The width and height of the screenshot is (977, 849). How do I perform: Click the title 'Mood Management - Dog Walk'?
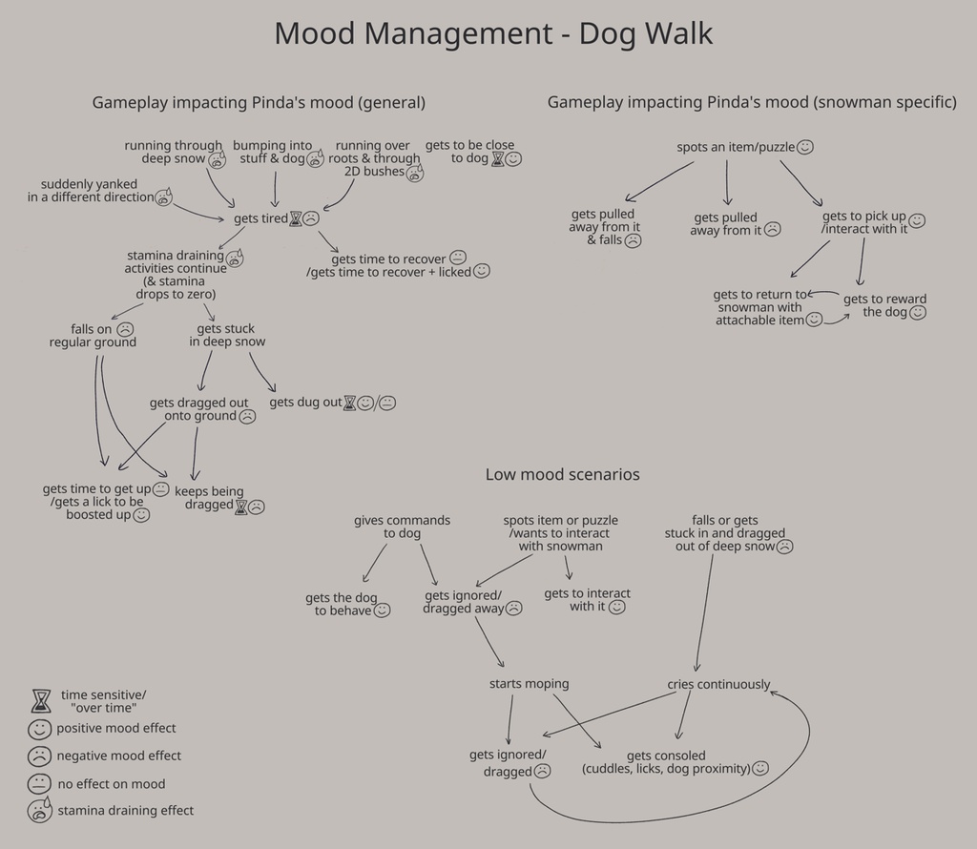[x=493, y=33]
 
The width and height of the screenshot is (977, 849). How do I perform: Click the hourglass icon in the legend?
[x=39, y=701]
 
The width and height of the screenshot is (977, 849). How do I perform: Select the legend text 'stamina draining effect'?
[x=125, y=811]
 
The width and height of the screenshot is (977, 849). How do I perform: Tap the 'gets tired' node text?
[x=260, y=219]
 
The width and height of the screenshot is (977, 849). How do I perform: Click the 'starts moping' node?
[x=529, y=684]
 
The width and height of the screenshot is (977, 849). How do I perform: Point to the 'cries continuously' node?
[x=718, y=685]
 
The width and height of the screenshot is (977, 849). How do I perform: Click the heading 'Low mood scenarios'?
[x=562, y=474]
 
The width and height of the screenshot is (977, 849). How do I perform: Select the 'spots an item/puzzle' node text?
[x=736, y=148]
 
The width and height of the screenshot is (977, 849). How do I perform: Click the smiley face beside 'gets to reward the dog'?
[x=918, y=313]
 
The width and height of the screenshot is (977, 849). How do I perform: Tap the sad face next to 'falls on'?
[x=125, y=329]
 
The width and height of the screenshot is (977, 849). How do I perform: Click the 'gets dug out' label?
[x=305, y=403]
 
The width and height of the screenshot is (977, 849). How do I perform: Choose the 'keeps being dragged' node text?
[x=209, y=498]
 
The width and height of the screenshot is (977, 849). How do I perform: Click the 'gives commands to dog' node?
[x=402, y=527]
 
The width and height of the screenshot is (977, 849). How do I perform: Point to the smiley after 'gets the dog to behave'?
[x=382, y=611]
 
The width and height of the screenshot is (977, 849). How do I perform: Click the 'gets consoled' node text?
[x=666, y=756]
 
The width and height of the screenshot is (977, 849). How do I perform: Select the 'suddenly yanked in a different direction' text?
[x=90, y=191]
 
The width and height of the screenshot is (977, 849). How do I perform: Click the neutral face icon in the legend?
[x=39, y=784]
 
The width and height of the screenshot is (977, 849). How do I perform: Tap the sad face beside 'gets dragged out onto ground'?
[x=247, y=417]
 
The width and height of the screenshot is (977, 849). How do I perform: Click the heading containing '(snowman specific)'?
[x=752, y=102]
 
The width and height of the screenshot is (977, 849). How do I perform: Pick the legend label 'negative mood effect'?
[x=118, y=756]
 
